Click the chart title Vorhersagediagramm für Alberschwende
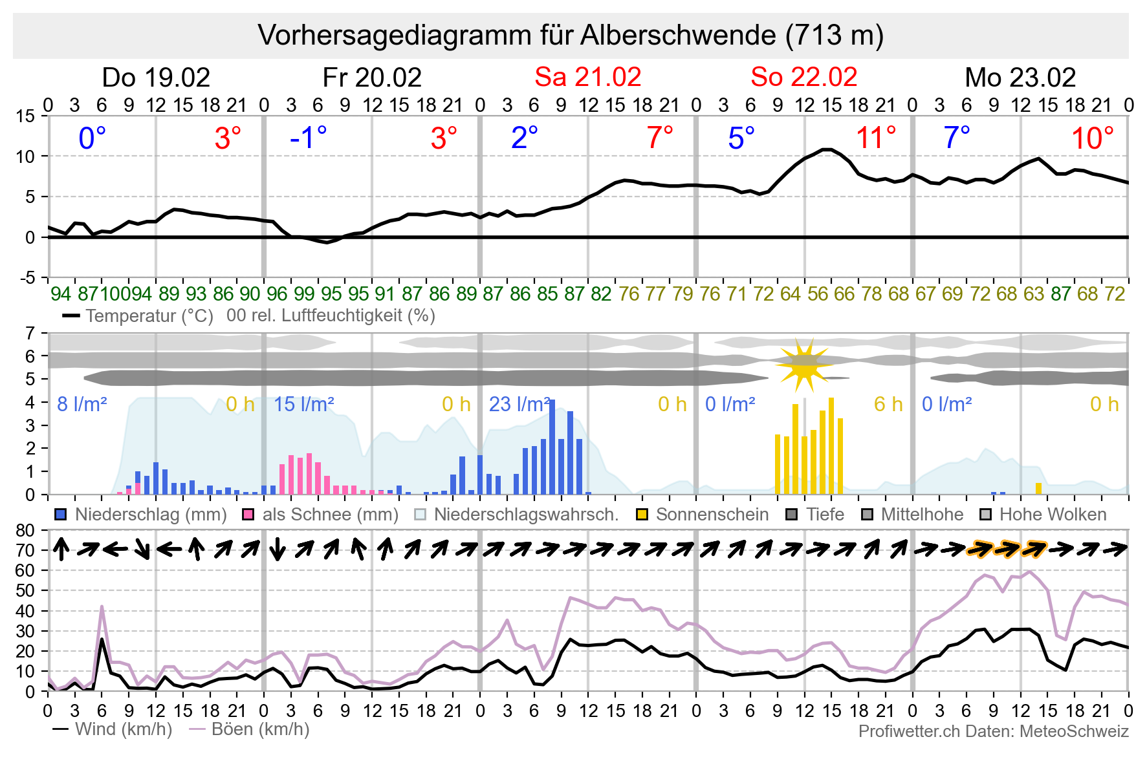(x=571, y=36)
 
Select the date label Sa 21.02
(x=587, y=78)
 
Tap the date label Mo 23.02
(x=1020, y=78)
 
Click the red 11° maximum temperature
(x=876, y=138)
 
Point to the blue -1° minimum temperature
(x=309, y=138)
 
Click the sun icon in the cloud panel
(x=803, y=365)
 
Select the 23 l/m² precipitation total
(x=519, y=405)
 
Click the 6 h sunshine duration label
(x=888, y=405)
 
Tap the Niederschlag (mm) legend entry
(x=141, y=515)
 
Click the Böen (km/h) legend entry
(x=249, y=729)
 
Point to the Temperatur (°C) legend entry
(x=138, y=316)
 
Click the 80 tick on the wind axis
(x=26, y=531)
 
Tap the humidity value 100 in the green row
(x=116, y=294)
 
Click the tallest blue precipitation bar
(x=552, y=447)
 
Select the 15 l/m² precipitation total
(x=303, y=405)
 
